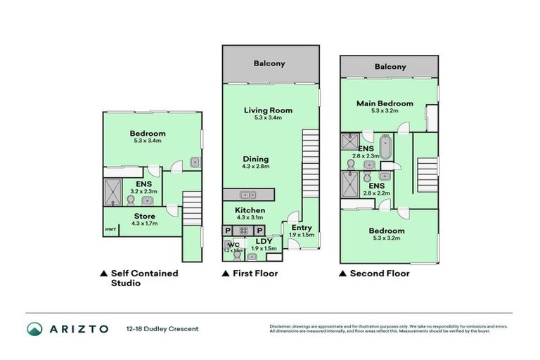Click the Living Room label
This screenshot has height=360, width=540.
[x=268, y=110]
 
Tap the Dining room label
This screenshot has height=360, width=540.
[x=256, y=159]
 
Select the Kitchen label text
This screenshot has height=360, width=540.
[x=250, y=210]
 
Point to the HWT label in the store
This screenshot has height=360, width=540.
[x=110, y=229]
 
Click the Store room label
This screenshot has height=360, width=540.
[x=144, y=216]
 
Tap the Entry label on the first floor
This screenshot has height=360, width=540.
[x=302, y=228]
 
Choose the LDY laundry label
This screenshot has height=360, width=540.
[x=264, y=240]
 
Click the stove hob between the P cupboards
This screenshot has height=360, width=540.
[x=243, y=230]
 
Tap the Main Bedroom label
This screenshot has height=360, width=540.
[x=385, y=104]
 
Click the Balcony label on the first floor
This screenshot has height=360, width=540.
[x=271, y=64]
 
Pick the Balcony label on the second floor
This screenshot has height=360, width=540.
[x=390, y=67]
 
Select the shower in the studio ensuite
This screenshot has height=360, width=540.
[x=112, y=190]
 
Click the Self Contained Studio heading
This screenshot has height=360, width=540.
[x=144, y=278]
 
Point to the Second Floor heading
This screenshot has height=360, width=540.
[x=379, y=274]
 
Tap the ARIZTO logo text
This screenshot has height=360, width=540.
[x=77, y=329]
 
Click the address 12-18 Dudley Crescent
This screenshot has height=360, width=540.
[x=162, y=329]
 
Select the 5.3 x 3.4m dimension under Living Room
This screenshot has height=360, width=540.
[x=268, y=118]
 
